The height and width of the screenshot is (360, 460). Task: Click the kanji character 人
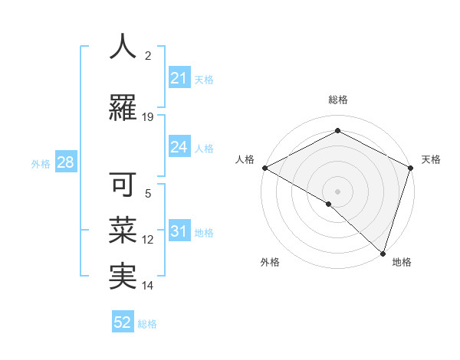click(x=123, y=47)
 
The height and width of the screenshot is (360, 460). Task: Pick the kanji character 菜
click(x=123, y=231)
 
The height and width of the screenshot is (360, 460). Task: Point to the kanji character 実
click(x=123, y=276)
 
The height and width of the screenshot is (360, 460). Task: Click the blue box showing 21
click(x=179, y=78)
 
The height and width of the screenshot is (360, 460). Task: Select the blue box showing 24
click(x=179, y=147)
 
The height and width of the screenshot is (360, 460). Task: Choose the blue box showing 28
click(x=64, y=162)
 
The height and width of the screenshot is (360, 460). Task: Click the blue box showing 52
click(x=123, y=322)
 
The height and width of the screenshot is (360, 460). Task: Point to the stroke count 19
click(x=148, y=117)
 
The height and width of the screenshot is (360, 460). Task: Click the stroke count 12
click(x=148, y=240)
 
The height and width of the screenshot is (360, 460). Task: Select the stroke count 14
click(x=148, y=286)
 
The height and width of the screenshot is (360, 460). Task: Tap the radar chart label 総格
click(x=337, y=100)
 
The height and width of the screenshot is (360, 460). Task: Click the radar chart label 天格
click(x=431, y=159)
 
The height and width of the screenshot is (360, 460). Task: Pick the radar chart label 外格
click(x=270, y=263)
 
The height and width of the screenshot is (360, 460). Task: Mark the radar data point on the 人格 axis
click(x=264, y=167)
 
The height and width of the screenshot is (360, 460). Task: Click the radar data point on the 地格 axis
click(x=383, y=253)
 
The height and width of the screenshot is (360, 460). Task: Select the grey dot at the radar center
click(x=337, y=191)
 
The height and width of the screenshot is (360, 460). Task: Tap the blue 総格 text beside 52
click(x=147, y=323)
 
